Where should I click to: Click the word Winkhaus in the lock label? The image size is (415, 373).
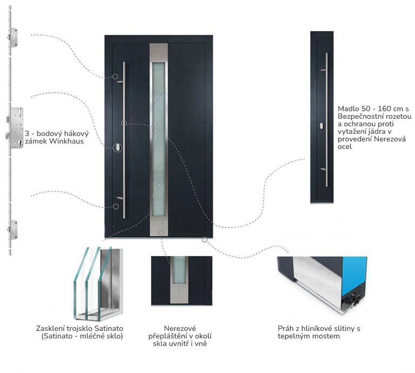click(66, 141)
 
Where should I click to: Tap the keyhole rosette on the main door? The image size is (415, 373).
click(117, 147)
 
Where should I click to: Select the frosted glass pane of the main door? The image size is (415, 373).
click(159, 140)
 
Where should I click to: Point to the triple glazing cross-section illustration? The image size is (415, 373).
click(98, 283)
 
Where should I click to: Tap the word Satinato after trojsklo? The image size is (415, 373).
click(109, 328)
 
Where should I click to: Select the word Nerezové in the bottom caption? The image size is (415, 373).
click(180, 328)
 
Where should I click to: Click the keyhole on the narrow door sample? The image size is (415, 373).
click(322, 126)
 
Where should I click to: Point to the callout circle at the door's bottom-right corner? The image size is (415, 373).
click(205, 240)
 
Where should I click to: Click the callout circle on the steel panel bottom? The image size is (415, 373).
click(161, 233)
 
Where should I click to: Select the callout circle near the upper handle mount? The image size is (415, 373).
click(115, 77)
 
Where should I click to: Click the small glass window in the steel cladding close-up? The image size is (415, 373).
click(179, 270)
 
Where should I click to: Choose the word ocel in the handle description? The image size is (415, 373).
click(344, 146)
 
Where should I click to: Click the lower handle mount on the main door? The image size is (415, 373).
click(120, 198)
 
